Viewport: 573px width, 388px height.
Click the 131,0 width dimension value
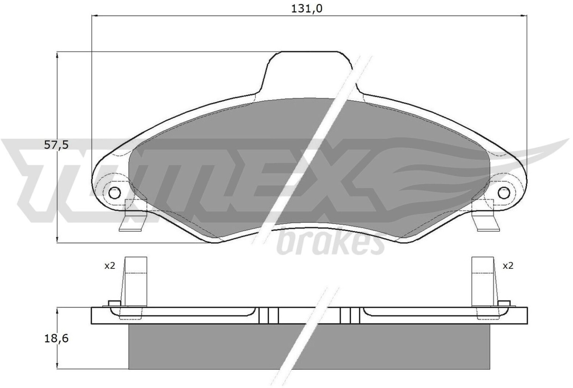coord(307,9)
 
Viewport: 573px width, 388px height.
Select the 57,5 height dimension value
coord(57,145)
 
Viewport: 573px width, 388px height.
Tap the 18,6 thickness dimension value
coord(56,339)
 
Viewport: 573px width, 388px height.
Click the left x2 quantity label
coord(110,266)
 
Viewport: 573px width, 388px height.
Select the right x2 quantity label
coord(508,266)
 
